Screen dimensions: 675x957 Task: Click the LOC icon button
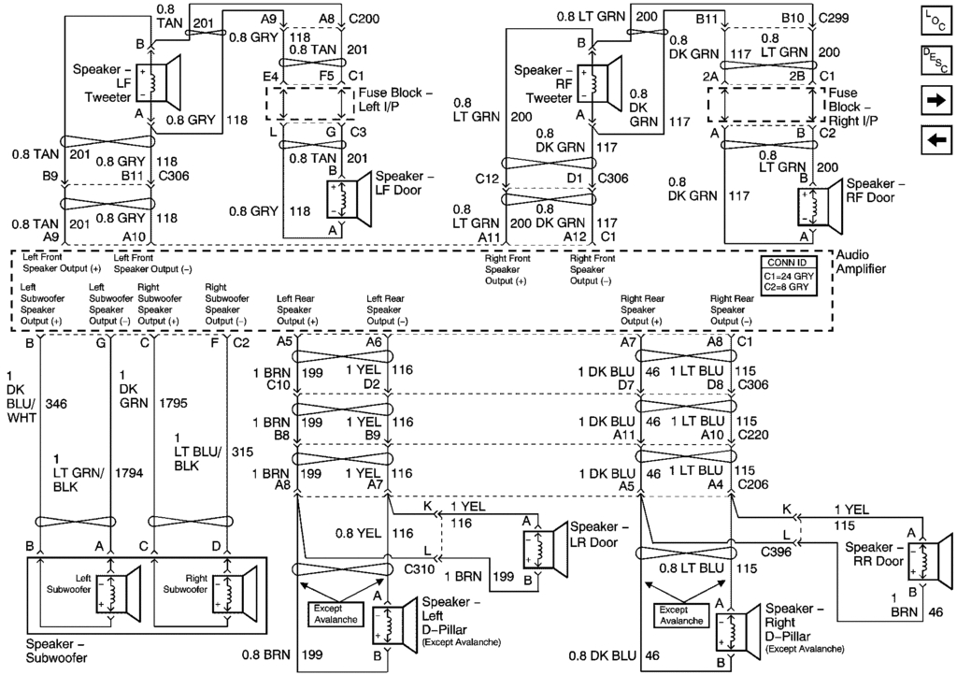(936, 21)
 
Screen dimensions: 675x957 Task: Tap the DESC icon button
(936, 62)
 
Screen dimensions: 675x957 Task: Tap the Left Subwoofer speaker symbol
(121, 591)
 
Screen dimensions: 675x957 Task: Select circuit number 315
(242, 452)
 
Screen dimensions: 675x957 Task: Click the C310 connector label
(420, 567)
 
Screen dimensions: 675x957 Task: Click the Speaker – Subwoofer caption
(57, 651)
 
